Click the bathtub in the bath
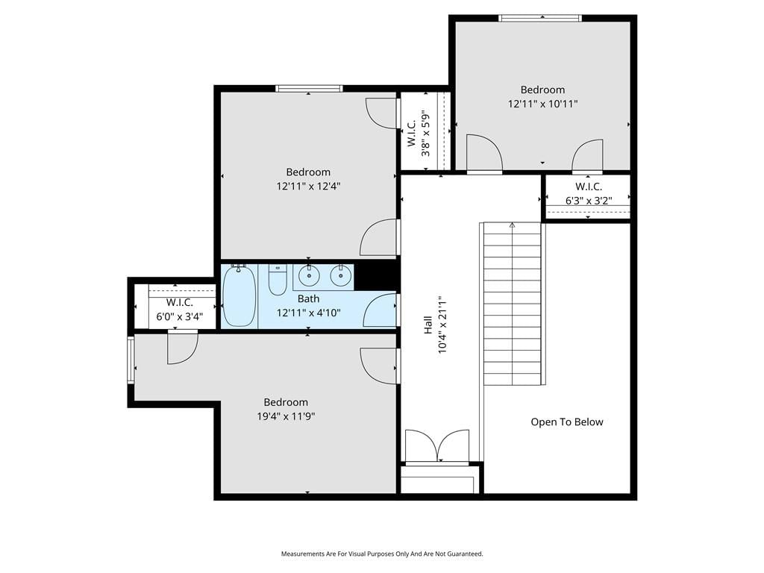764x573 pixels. tap(239, 296)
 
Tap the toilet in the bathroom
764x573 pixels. tap(278, 280)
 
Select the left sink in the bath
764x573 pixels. tap(309, 276)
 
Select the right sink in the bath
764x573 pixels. tap(340, 276)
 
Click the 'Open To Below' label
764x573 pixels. tap(567, 422)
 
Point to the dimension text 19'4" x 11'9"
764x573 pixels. tap(286, 416)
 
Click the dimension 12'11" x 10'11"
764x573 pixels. tap(542, 103)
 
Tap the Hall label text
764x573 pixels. tap(428, 325)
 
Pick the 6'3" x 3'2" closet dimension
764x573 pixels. tap(589, 200)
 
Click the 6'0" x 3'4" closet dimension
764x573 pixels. tap(179, 316)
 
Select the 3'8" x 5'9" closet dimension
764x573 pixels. tap(426, 133)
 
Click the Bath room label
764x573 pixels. tap(308, 298)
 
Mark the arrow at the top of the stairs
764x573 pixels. tap(512, 225)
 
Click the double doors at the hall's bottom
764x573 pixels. tap(437, 446)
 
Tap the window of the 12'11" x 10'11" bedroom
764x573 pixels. tap(540, 18)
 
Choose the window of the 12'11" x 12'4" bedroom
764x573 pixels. tap(309, 89)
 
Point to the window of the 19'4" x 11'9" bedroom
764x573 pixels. tap(131, 360)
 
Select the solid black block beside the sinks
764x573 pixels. tap(376, 275)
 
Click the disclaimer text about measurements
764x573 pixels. tap(382, 554)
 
